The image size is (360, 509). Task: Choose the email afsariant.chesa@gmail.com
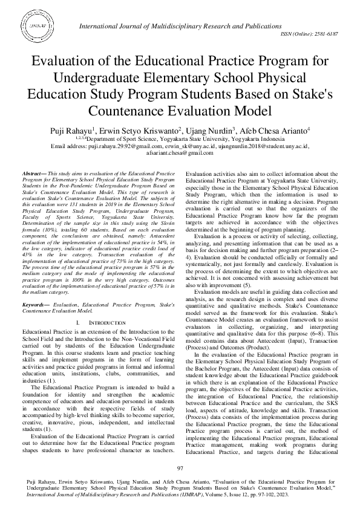coord(180,153)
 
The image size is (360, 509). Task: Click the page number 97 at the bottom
coord(180,468)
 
